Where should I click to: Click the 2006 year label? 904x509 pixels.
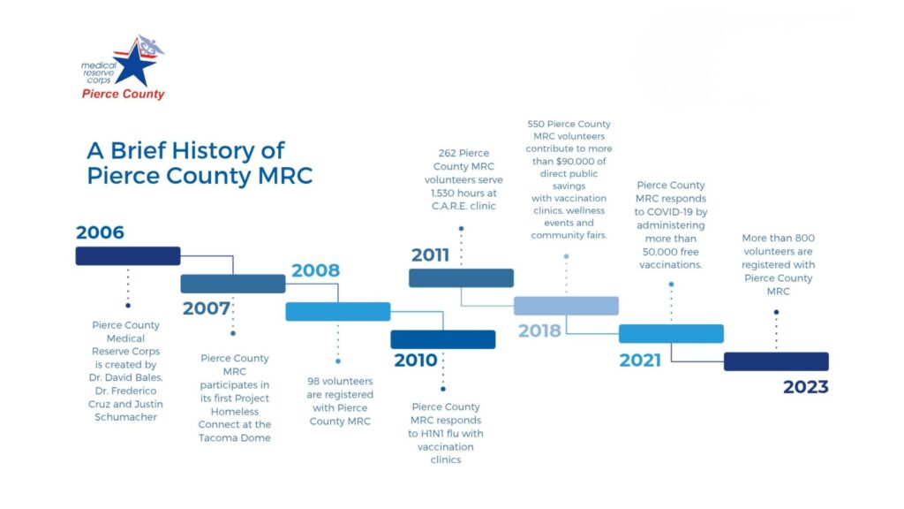tap(100, 232)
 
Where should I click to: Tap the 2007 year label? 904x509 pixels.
tap(207, 308)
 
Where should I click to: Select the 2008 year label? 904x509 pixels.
tap(315, 270)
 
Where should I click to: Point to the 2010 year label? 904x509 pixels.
tap(416, 361)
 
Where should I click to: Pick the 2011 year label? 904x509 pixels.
tap(430, 255)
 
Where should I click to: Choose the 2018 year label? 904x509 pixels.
tap(539, 330)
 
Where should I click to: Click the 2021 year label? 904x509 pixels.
tap(640, 361)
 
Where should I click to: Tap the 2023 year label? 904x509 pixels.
tap(805, 387)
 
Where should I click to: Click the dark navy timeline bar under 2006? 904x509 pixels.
tap(128, 256)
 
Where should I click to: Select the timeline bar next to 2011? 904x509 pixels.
tap(461, 278)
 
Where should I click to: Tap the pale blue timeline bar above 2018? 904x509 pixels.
tap(566, 306)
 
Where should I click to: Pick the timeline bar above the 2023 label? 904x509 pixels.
tap(776, 361)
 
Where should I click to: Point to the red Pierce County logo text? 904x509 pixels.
tap(123, 94)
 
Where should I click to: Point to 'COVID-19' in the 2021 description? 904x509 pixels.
tap(669, 212)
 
